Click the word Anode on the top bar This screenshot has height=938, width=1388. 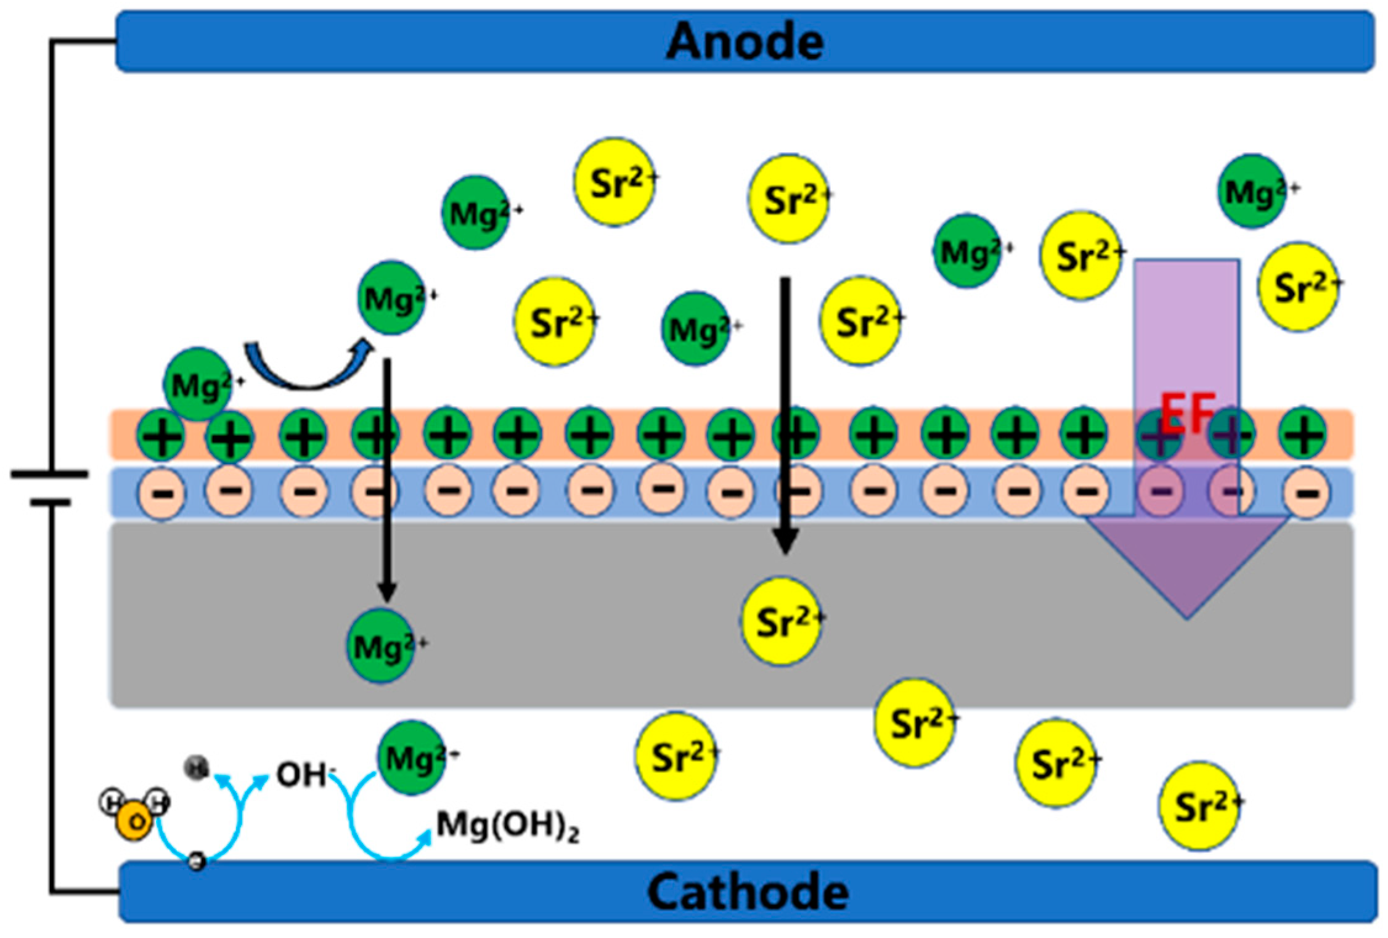(x=745, y=42)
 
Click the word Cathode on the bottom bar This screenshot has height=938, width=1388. (x=748, y=892)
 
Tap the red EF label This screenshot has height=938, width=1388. (x=1187, y=413)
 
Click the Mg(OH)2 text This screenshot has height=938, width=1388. (x=507, y=825)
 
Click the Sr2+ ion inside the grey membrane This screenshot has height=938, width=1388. (x=782, y=621)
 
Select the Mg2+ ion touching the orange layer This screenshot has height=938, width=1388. (x=198, y=385)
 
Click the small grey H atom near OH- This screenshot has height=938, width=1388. (x=197, y=768)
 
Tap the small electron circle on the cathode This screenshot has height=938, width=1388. (x=197, y=861)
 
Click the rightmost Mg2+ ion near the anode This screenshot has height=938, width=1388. (x=1252, y=192)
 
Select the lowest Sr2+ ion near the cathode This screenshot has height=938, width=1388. (x=1199, y=806)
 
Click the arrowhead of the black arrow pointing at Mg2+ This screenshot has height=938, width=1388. (x=386, y=592)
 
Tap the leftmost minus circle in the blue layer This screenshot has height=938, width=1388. (x=162, y=492)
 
